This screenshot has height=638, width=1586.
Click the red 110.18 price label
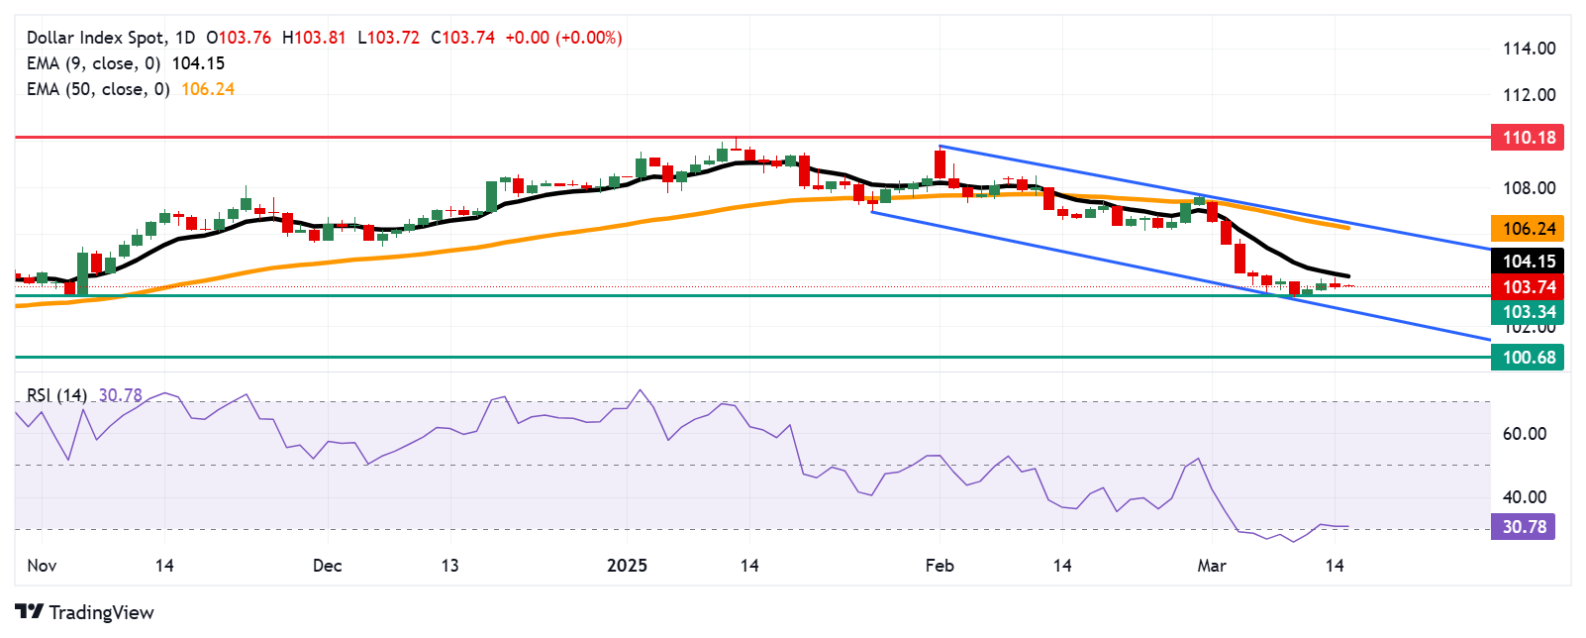1528,138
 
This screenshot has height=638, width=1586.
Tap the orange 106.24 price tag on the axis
1528,229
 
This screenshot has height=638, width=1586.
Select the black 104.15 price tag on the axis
1528,262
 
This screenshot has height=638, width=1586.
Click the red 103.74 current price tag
1528,287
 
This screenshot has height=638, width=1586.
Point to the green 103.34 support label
1528,312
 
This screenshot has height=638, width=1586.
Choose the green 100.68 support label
1528,358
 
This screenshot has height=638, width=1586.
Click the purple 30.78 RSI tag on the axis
1524,527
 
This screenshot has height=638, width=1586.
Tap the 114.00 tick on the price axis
1530,49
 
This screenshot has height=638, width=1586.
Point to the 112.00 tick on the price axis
1530,95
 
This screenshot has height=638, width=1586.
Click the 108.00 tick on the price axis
1530,188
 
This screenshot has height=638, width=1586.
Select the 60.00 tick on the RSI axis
1525,434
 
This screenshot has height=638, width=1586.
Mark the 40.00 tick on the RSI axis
1525,497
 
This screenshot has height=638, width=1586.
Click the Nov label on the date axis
42,566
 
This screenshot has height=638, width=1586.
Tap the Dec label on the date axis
327,566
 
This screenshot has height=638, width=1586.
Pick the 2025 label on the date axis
627,566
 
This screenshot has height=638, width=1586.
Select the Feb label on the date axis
940,566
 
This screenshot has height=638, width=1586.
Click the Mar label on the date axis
1212,566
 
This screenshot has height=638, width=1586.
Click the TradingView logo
85,612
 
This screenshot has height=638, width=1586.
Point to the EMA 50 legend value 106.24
208,89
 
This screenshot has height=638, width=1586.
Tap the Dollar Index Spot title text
97,38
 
